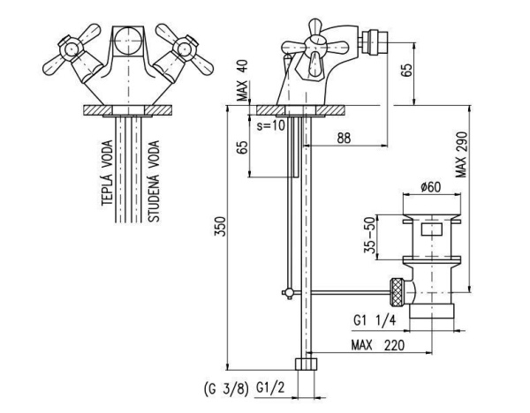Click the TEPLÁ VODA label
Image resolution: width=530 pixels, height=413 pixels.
(x=107, y=173)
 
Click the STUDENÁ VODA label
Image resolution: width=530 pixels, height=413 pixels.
(x=154, y=181)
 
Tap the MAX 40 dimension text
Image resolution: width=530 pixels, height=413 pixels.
(x=242, y=80)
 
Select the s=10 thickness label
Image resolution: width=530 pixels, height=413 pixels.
(x=271, y=125)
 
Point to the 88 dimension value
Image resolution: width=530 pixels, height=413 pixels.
(x=344, y=138)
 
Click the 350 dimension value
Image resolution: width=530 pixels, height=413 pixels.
(x=220, y=226)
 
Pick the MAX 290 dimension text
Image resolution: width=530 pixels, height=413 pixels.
(x=461, y=154)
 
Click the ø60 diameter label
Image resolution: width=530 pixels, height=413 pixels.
(x=431, y=187)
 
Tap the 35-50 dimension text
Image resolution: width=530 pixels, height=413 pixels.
(x=370, y=235)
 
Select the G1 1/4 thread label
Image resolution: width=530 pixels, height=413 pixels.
(x=375, y=320)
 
